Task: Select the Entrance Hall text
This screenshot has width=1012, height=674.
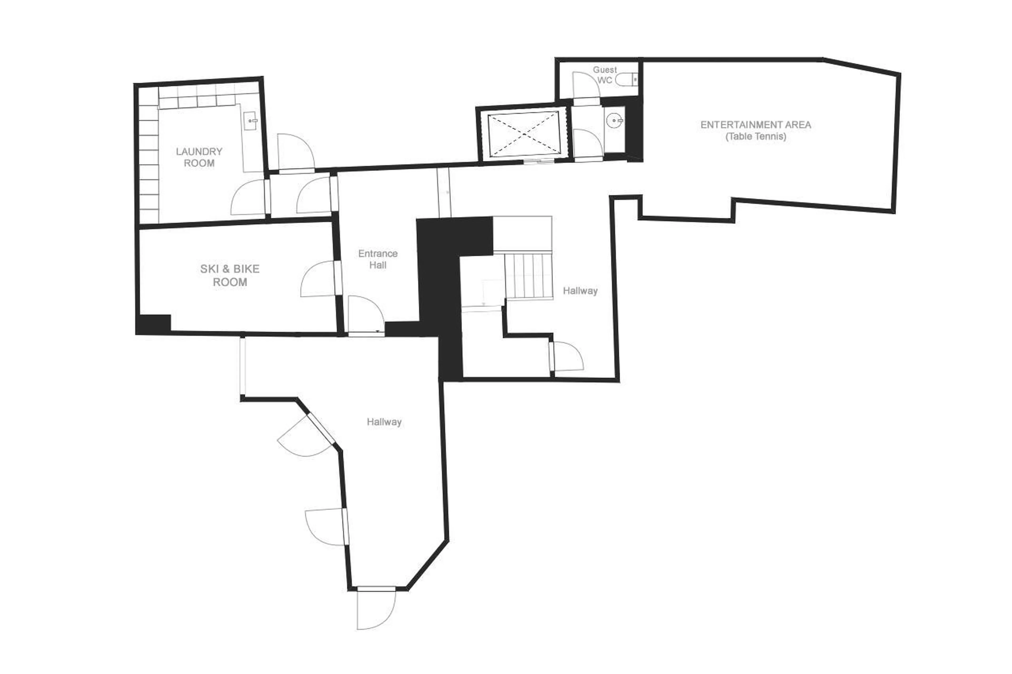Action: click(378, 259)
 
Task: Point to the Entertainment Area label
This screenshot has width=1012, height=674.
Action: click(755, 125)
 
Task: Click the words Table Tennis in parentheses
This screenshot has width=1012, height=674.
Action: click(756, 137)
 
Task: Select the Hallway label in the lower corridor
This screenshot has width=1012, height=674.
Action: click(384, 422)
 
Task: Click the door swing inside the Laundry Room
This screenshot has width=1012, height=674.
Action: click(248, 198)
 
